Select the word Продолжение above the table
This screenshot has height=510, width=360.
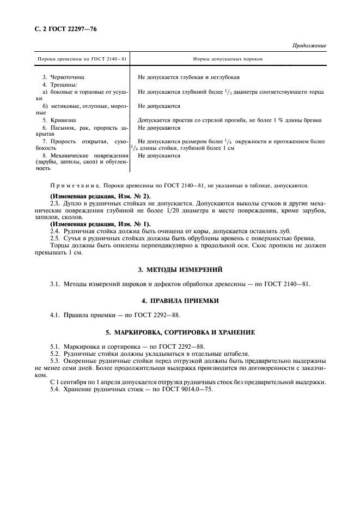click(x=309, y=46)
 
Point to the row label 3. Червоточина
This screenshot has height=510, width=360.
click(x=64, y=77)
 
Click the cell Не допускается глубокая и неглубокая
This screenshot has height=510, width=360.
click(x=189, y=77)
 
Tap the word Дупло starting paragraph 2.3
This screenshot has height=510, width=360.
click(x=73, y=203)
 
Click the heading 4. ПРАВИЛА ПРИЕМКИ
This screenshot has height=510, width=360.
click(x=179, y=300)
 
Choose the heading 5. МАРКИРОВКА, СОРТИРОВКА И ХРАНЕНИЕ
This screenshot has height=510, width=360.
click(x=179, y=332)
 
